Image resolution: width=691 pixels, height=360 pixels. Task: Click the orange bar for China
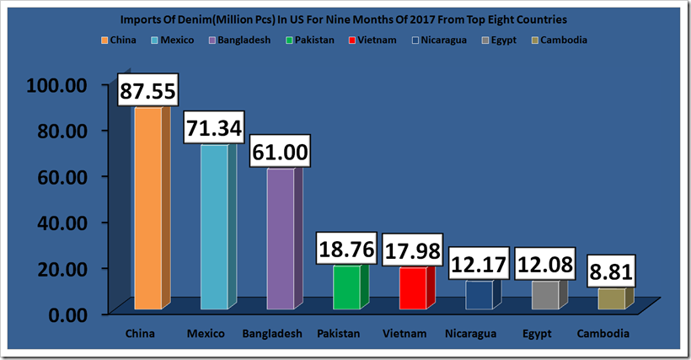click(x=147, y=208)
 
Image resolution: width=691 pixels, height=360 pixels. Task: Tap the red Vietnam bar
click(x=412, y=289)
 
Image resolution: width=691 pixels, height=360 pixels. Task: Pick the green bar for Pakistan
click(x=345, y=288)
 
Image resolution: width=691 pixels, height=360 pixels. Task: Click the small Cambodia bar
click(x=611, y=299)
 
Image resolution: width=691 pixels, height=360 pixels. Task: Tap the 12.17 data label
click(x=478, y=264)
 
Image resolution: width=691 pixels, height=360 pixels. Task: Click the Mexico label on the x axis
click(x=206, y=334)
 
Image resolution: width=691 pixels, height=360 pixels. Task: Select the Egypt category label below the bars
click(x=535, y=334)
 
